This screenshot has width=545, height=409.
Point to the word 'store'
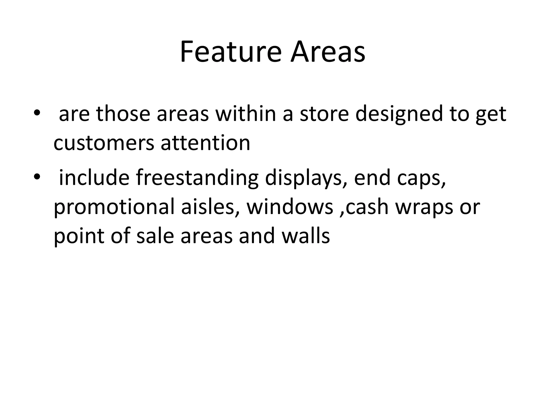(x=324, y=114)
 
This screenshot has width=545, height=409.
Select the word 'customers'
(x=104, y=143)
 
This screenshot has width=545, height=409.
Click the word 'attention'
(x=205, y=143)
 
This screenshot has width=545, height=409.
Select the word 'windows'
(x=290, y=207)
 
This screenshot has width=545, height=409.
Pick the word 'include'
(x=94, y=178)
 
